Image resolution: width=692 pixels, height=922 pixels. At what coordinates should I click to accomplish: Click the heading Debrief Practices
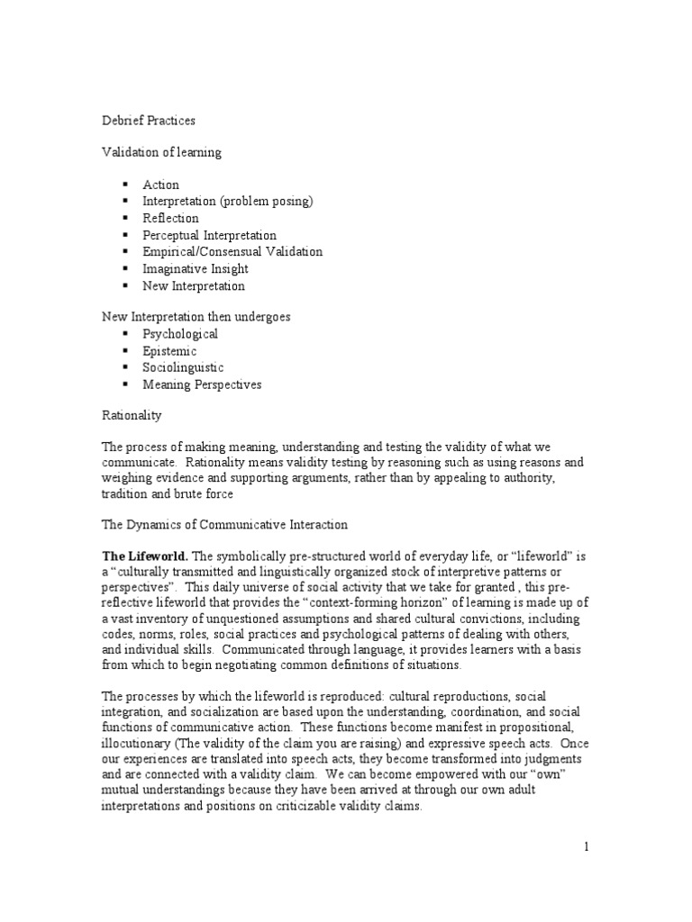pos(147,119)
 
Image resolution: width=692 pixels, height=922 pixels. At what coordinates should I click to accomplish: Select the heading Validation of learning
pos(160,152)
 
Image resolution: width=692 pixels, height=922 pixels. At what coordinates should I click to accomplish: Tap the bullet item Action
pos(160,185)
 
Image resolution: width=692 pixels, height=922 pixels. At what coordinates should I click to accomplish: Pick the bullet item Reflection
pos(170,218)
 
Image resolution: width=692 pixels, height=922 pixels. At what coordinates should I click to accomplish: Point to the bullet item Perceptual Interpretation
pos(209,235)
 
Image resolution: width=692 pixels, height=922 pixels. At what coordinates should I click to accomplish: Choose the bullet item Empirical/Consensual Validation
pos(232,252)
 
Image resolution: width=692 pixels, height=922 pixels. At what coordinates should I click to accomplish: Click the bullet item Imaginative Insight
pos(195,268)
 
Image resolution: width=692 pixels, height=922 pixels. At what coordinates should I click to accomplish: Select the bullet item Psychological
pos(180,334)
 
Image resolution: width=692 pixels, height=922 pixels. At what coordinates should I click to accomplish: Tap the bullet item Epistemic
pos(168,351)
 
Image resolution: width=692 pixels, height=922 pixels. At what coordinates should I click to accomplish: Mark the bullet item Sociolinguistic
pos(183,367)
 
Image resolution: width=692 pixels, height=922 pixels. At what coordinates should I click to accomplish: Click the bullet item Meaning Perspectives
pos(202,384)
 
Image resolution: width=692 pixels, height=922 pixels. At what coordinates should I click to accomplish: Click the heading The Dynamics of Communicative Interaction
pos(224,524)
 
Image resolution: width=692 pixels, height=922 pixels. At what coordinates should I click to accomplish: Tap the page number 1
pos(585,847)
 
